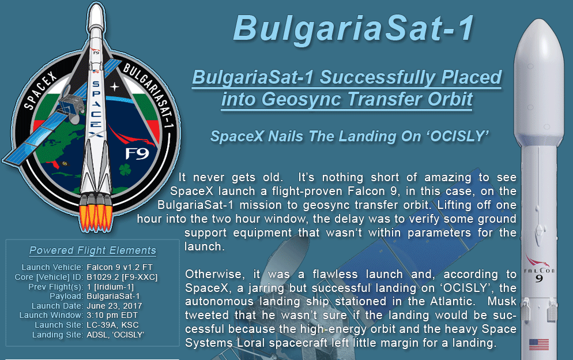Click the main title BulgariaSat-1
pos(354,28)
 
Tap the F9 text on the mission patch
pos(137,153)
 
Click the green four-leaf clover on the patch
pos(125,170)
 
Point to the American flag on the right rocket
pos(539,344)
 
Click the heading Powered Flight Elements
pos(93,250)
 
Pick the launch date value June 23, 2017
pos(114,306)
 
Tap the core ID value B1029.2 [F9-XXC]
pos(122,277)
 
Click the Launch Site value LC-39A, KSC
pos(112,325)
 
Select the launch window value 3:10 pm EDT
pos(112,316)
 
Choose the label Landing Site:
pos(58,335)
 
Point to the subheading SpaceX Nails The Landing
pos(350,136)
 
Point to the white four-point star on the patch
pos(114,87)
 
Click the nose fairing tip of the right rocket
pos(538,21)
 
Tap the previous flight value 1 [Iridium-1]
pos(110,287)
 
